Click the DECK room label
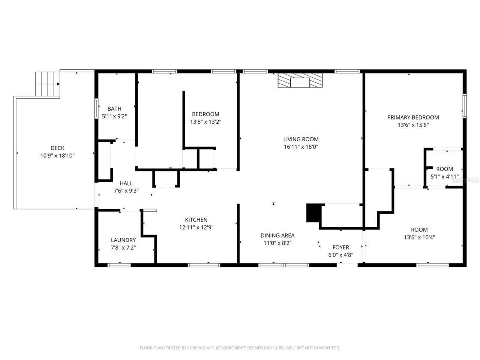(x=57, y=148)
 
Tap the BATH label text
(x=114, y=109)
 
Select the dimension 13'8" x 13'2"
(x=205, y=121)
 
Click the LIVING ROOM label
(x=301, y=139)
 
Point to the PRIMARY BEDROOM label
(x=413, y=117)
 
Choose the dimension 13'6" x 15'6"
(x=413, y=125)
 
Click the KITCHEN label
(x=196, y=220)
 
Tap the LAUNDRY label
(x=123, y=240)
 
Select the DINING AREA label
(x=277, y=235)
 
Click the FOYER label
(x=341, y=247)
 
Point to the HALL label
(x=126, y=183)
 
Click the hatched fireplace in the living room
(x=300, y=81)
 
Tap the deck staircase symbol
(x=48, y=84)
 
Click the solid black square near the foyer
(x=314, y=213)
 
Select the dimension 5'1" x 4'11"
(x=444, y=177)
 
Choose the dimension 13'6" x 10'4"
(x=419, y=237)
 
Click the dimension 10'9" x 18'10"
(x=57, y=155)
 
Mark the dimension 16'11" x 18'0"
(x=301, y=147)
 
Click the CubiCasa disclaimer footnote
(x=240, y=348)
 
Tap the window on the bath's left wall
(x=96, y=109)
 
